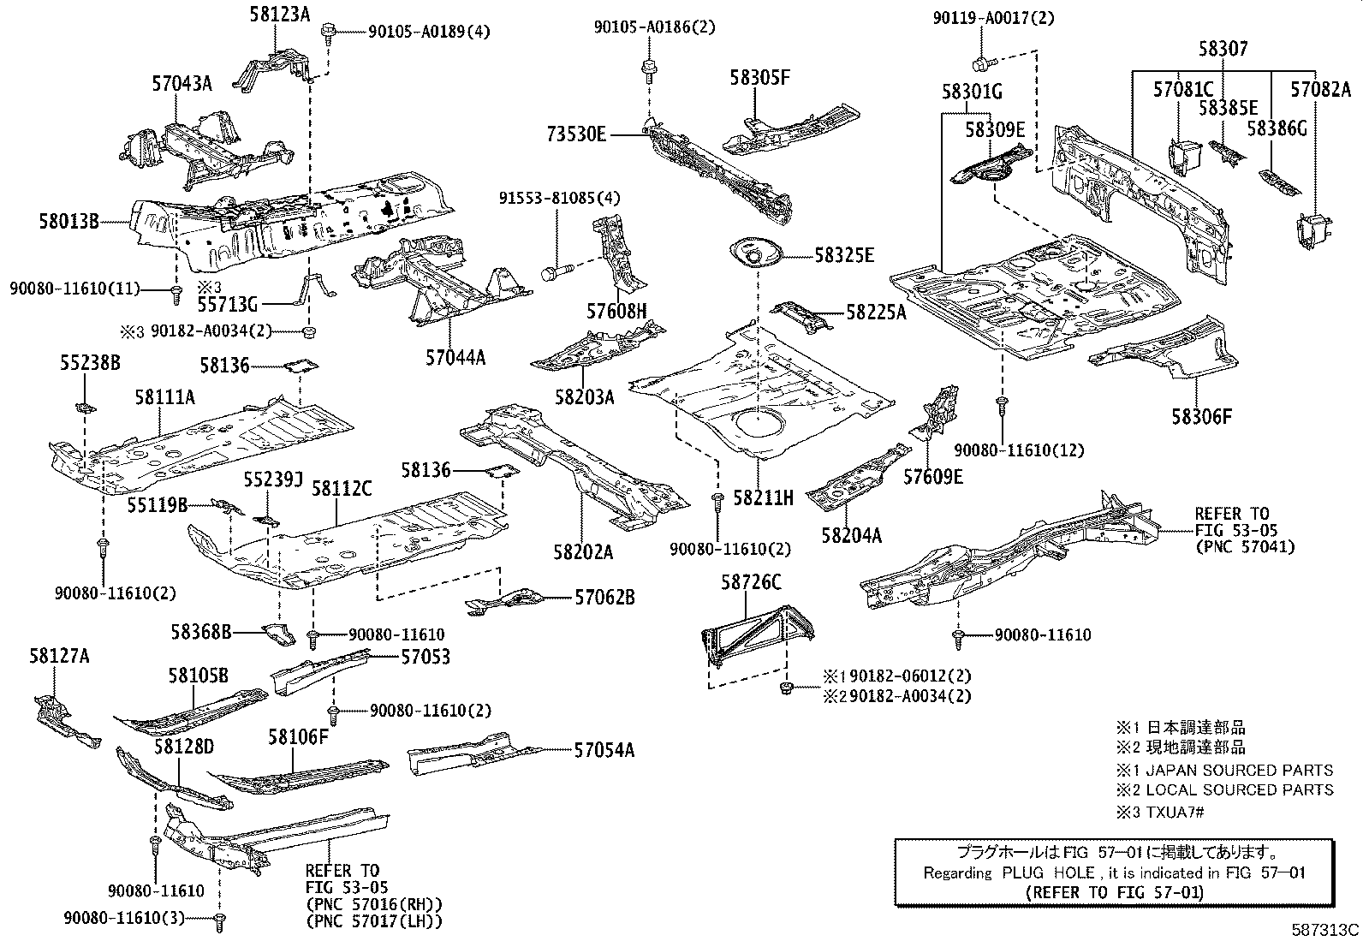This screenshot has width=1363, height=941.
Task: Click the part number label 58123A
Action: pyautogui.click(x=280, y=13)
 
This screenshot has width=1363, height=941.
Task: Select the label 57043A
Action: pyautogui.click(x=182, y=83)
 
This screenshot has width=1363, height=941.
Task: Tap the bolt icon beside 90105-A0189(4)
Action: pyautogui.click(x=328, y=33)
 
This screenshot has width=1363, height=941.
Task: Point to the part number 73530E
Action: pyautogui.click(x=577, y=134)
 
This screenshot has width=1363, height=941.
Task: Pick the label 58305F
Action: pyautogui.click(x=759, y=77)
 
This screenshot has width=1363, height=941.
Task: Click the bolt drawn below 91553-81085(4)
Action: pyautogui.click(x=551, y=273)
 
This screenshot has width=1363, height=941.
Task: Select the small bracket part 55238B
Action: pyautogui.click(x=86, y=404)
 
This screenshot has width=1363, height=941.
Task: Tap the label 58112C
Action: pyautogui.click(x=341, y=488)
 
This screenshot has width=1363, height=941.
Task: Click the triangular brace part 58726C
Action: pyautogui.click(x=755, y=632)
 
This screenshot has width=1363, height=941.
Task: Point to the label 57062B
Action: pyautogui.click(x=604, y=598)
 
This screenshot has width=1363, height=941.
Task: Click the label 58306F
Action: pyautogui.click(x=1202, y=416)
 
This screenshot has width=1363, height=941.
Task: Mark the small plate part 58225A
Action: pyautogui.click(x=801, y=317)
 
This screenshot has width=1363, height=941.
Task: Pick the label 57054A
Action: pyautogui.click(x=604, y=750)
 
